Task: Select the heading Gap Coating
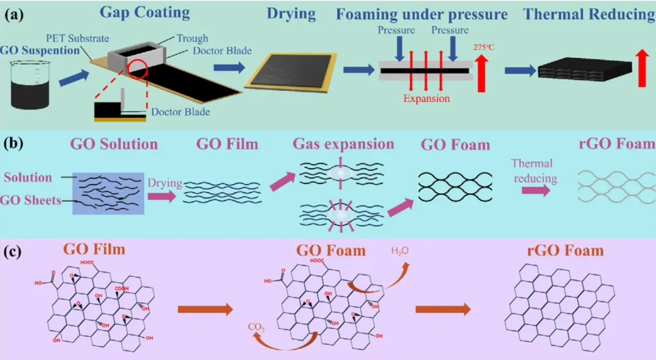coord(144,12)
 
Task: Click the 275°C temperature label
coord(484,48)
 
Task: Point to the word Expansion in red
coord(426,98)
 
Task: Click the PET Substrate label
coord(78,38)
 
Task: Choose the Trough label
coord(192,38)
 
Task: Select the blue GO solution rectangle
coord(108,193)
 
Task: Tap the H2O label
coord(400,251)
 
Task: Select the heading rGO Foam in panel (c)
coord(565,251)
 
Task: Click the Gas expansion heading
coord(343,144)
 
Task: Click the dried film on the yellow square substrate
coord(291,70)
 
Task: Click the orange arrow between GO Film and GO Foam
coord(205,309)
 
